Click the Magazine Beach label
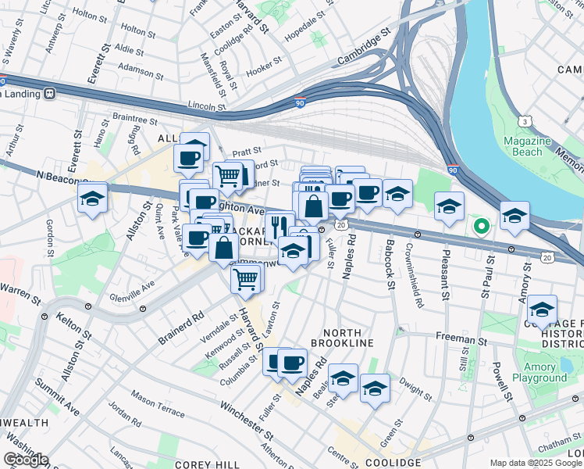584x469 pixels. (x=539, y=146)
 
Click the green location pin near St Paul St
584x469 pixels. (x=482, y=227)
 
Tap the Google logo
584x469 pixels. (x=27, y=460)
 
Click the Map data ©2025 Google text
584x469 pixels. (x=536, y=463)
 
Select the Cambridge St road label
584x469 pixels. (x=363, y=48)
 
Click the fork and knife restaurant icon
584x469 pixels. (x=280, y=224)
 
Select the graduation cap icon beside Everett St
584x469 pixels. (x=92, y=199)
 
